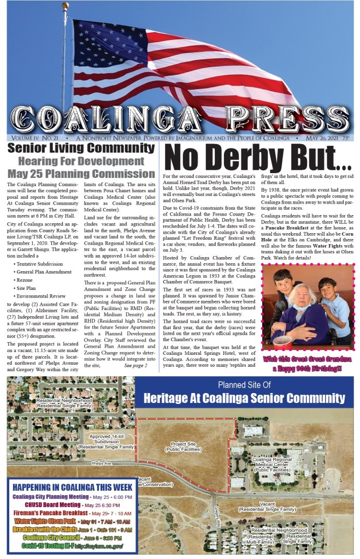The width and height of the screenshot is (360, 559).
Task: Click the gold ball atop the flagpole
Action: point(66,6)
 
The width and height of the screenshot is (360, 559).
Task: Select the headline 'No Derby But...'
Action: point(258,158)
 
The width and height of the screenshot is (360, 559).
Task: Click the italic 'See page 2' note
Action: point(135,365)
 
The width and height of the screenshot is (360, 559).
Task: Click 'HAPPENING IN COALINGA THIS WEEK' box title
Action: point(73,487)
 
